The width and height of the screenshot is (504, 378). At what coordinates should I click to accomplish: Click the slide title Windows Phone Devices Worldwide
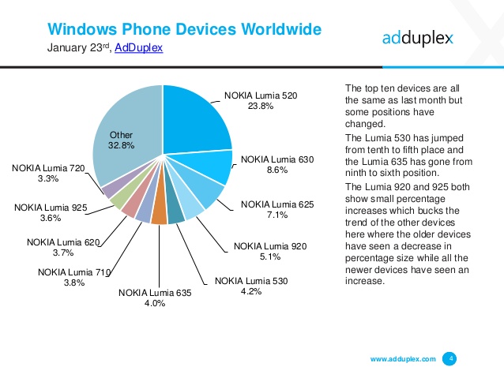(x=184, y=30)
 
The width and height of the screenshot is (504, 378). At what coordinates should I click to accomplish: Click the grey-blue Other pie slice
(x=126, y=126)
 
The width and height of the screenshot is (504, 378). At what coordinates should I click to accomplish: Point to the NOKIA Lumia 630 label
(x=277, y=159)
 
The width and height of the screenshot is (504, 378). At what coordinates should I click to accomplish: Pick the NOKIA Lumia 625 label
(x=277, y=204)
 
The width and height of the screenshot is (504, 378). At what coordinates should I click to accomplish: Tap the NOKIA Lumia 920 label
(x=269, y=246)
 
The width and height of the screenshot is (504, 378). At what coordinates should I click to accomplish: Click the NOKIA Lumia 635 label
(x=155, y=293)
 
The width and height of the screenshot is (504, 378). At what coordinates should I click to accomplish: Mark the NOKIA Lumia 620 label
(x=63, y=241)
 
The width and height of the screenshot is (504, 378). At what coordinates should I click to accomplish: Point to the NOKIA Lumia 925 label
(x=51, y=208)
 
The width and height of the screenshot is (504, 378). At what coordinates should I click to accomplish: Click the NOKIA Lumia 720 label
(x=48, y=167)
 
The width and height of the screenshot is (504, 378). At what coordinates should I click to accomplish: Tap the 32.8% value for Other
(x=121, y=145)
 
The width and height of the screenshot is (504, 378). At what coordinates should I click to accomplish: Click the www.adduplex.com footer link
(x=403, y=359)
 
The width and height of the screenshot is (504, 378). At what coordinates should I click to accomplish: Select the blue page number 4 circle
(x=451, y=358)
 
